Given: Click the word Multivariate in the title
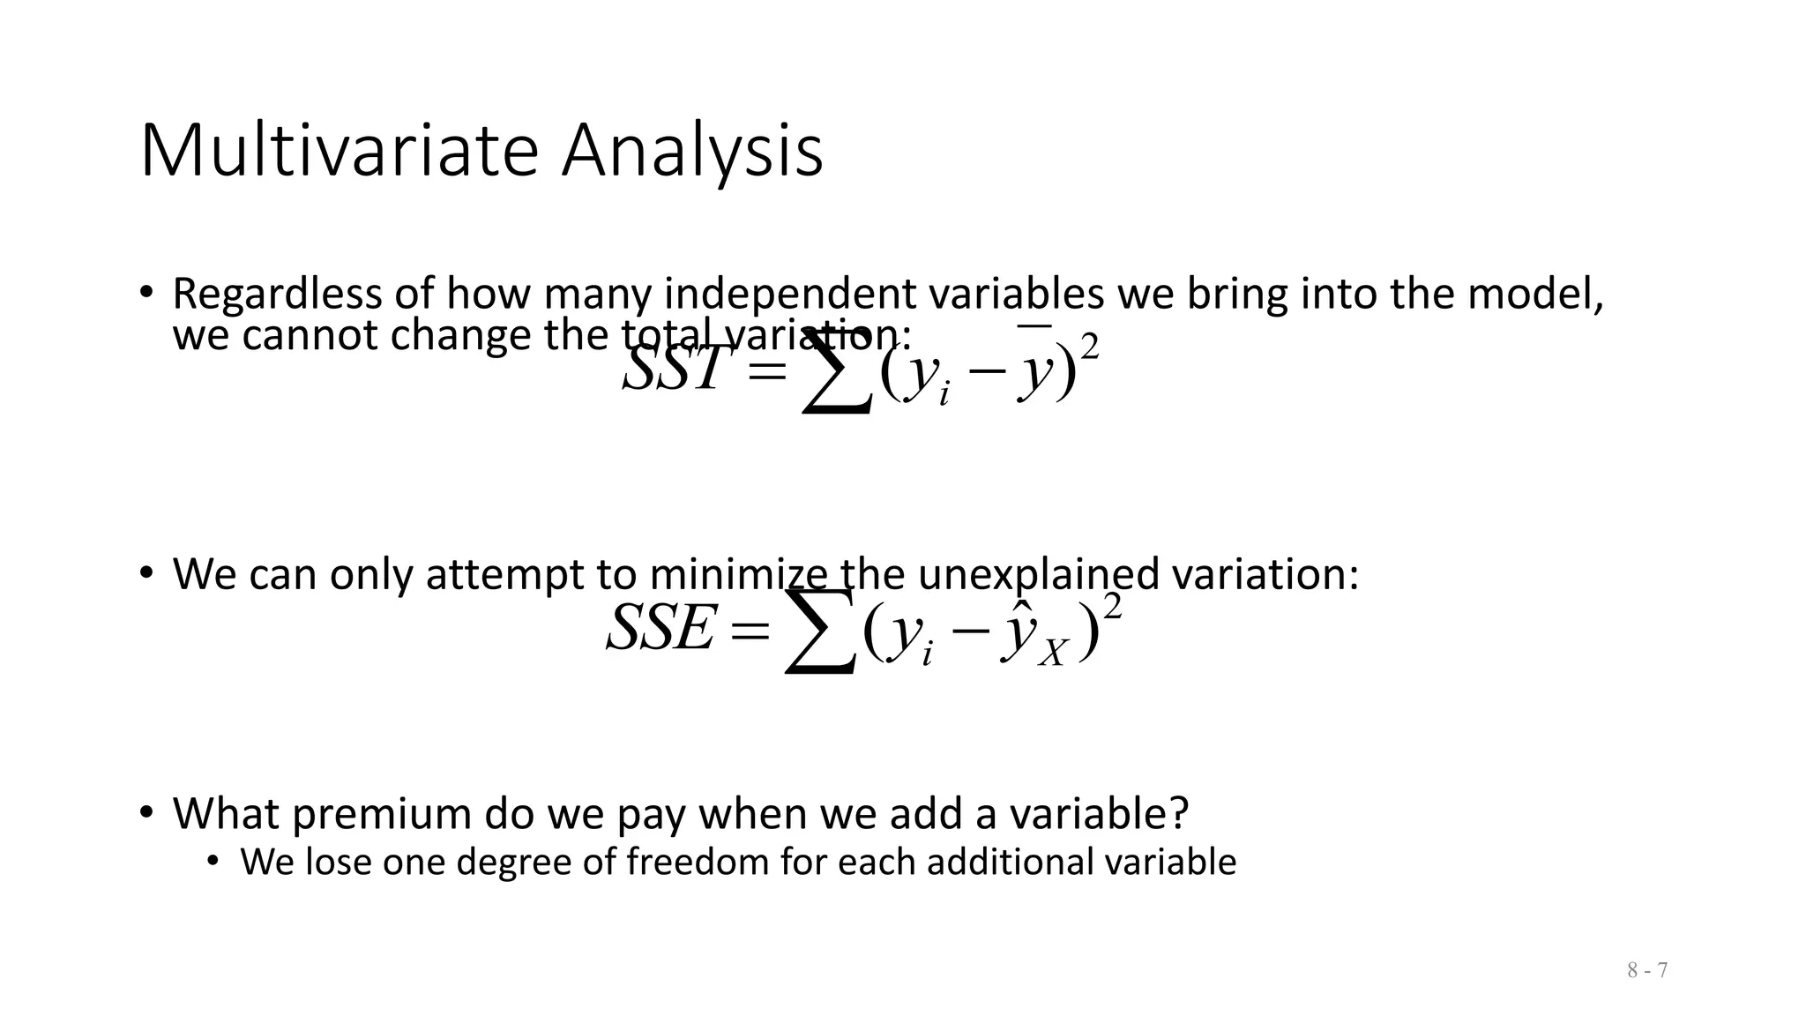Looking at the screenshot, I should [x=339, y=152].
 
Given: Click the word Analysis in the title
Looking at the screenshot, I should [x=692, y=152].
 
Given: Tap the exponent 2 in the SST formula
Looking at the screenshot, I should [x=1090, y=347].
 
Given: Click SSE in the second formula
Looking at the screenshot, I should [x=659, y=629].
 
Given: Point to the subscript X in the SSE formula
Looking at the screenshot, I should [x=1053, y=654].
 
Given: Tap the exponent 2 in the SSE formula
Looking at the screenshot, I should [x=1112, y=608].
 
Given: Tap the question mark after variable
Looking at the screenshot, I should [x=1180, y=813].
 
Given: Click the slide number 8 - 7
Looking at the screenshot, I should [x=1647, y=970].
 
